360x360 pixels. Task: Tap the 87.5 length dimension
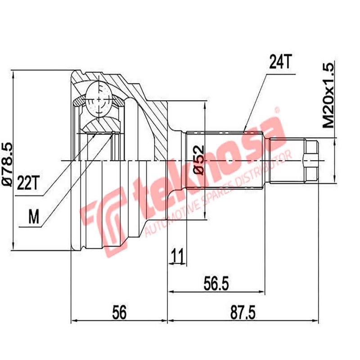pyautogui.click(x=243, y=311)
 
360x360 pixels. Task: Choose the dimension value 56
pyautogui.click(x=119, y=311)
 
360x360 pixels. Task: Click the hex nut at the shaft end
pyautogui.click(x=311, y=160)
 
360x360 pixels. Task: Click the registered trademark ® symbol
pyautogui.click(x=277, y=110)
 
